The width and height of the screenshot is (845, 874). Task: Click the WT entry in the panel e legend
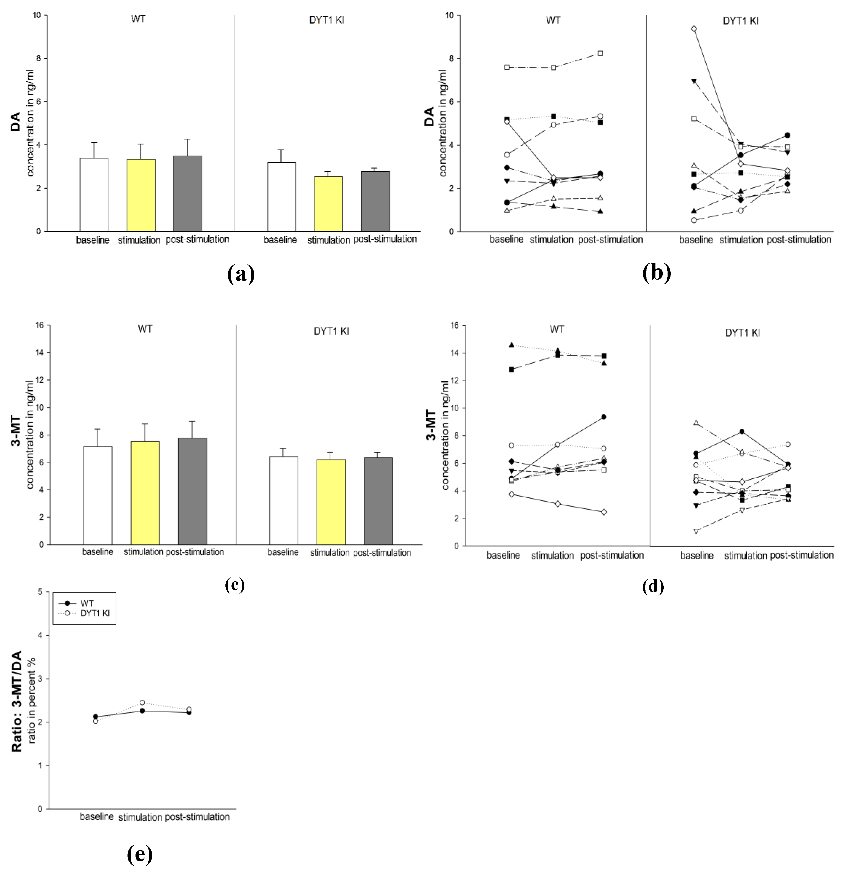87,603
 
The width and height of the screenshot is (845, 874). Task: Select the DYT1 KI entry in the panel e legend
95,613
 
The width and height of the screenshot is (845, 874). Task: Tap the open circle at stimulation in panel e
142,702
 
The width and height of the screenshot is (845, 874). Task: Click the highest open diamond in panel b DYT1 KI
694,29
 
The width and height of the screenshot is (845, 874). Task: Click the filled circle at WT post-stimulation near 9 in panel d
604,417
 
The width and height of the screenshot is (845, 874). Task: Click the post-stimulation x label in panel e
197,817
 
